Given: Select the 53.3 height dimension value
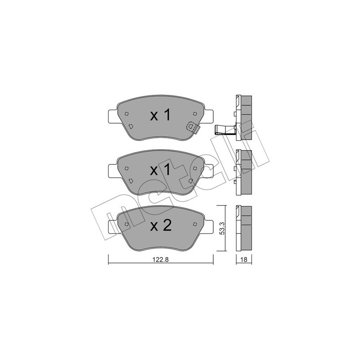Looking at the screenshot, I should tap(221, 229).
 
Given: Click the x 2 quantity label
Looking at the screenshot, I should tap(161, 225).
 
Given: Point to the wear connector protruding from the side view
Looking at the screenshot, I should tap(223, 130).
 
